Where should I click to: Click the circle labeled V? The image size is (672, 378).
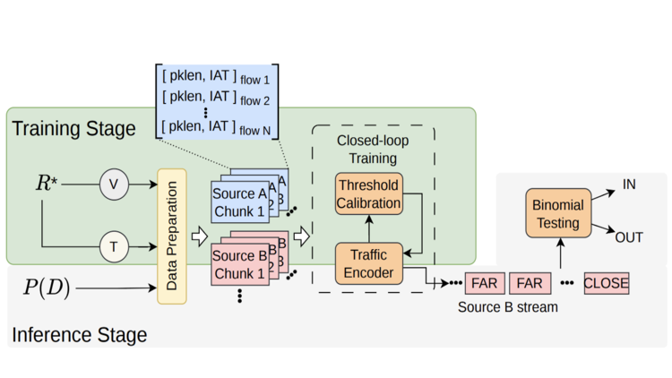click(x=114, y=185)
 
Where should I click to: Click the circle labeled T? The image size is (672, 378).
click(x=114, y=247)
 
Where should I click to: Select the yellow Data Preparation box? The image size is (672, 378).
click(x=172, y=236)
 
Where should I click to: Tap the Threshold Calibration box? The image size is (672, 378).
click(x=369, y=193)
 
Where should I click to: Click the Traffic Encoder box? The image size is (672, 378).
click(x=369, y=263)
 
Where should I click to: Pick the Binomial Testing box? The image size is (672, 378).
click(x=558, y=213)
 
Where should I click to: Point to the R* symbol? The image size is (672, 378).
click(x=47, y=183)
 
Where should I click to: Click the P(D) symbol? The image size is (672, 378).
click(x=47, y=288)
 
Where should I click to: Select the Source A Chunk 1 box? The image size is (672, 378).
click(x=240, y=202)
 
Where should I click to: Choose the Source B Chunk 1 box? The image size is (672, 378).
click(x=240, y=264)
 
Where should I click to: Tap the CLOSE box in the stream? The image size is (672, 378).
click(x=607, y=283)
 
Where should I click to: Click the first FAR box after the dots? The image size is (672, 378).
click(x=485, y=283)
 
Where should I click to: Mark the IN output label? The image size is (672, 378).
click(x=629, y=185)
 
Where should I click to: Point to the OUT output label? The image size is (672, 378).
click(x=629, y=237)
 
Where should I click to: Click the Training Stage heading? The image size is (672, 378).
click(x=73, y=129)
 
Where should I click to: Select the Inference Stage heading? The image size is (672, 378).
click(x=79, y=335)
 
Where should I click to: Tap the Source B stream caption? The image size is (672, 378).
click(x=508, y=307)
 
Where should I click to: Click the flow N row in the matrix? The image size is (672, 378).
click(x=216, y=128)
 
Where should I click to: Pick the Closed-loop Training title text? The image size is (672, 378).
click(x=373, y=150)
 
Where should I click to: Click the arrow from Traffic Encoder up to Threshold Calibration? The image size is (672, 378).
click(x=369, y=228)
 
